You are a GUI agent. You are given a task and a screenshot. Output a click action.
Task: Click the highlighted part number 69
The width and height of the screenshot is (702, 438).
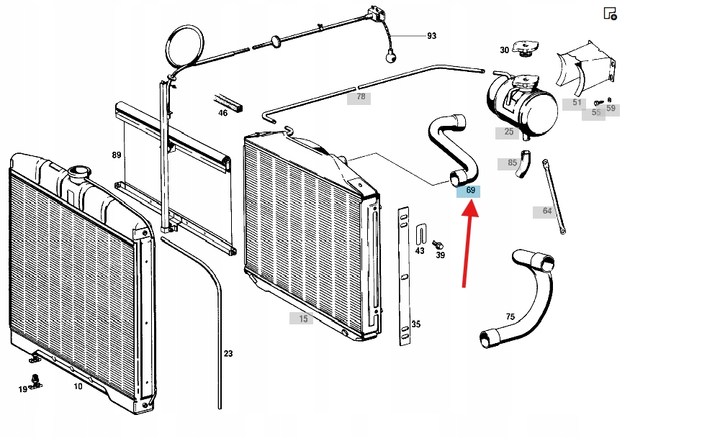coord(470,191)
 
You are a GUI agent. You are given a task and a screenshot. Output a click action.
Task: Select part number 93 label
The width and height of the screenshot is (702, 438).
coord(431,35)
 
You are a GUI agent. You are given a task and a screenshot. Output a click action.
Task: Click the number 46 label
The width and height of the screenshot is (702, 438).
coord(223,112)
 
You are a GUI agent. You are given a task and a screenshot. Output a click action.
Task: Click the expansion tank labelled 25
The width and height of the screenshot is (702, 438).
coord(522,108)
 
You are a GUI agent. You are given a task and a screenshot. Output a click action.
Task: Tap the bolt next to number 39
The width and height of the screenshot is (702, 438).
coord(437,245)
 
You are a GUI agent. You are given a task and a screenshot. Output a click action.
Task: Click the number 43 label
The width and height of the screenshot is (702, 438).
coord(420,251)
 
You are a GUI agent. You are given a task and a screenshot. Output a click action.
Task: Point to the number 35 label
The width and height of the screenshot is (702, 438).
coord(415,324)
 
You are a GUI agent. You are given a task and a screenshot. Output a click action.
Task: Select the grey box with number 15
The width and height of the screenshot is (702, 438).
coord(302,319)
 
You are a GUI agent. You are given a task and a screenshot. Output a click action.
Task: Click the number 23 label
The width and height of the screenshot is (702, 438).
coord(228,353)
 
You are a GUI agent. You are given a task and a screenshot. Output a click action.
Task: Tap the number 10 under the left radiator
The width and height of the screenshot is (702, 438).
coord(78,386)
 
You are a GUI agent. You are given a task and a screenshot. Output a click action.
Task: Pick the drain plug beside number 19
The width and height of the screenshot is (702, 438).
coord(34,380)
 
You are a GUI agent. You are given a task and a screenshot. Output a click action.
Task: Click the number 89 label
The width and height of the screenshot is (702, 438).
coord(117,155)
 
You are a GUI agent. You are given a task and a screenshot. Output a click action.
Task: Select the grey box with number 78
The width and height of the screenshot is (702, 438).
coord(359,96)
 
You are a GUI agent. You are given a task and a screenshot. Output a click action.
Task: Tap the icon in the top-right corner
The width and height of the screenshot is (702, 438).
coord(609,14)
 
